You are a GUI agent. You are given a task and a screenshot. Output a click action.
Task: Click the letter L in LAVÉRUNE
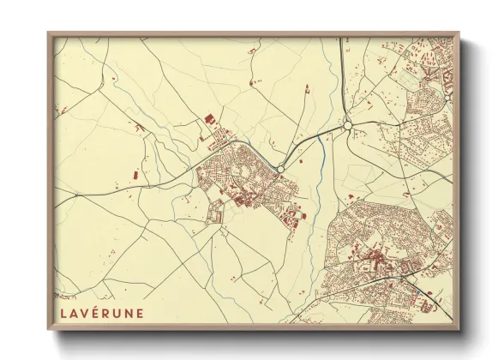[x=64, y=313]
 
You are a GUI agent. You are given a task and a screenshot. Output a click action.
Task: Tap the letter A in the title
[x=75, y=313]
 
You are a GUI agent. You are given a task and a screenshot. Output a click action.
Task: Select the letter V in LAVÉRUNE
[x=87, y=313]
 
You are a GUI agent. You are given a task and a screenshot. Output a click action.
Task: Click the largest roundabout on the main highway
[x=348, y=125]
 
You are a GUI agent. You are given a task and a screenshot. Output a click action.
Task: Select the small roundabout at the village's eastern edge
[x=280, y=170]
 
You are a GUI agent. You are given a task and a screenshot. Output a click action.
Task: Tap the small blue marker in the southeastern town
[x=417, y=291]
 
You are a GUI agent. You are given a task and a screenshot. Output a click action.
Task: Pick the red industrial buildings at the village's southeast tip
[x=295, y=215]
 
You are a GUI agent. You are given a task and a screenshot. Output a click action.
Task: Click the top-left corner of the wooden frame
[x=49, y=34]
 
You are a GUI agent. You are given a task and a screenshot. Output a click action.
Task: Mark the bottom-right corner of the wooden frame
[x=460, y=330]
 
